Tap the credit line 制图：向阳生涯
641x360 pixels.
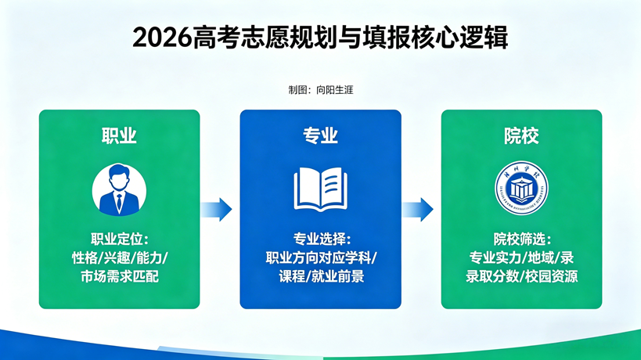click(x=320, y=90)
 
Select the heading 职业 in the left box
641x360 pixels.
click(x=119, y=135)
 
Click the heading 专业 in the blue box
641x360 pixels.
click(x=320, y=135)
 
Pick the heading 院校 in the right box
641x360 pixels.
click(x=521, y=135)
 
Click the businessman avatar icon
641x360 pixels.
click(x=119, y=190)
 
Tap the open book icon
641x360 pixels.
click(x=320, y=189)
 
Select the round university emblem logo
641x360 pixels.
click(x=521, y=189)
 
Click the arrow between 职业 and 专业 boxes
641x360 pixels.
click(x=217, y=209)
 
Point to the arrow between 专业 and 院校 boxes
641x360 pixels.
click(x=418, y=209)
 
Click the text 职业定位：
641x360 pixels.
click(x=119, y=239)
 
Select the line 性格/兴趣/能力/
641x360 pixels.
click(x=119, y=257)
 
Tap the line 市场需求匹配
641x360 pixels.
click(x=119, y=276)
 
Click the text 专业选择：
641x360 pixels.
click(x=320, y=239)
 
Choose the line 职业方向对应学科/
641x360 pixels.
click(x=320, y=257)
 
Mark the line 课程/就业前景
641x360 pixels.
click(x=320, y=276)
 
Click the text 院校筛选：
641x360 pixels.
click(x=521, y=239)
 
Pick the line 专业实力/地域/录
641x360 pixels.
click(x=521, y=257)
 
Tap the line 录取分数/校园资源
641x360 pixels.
click(x=521, y=276)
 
